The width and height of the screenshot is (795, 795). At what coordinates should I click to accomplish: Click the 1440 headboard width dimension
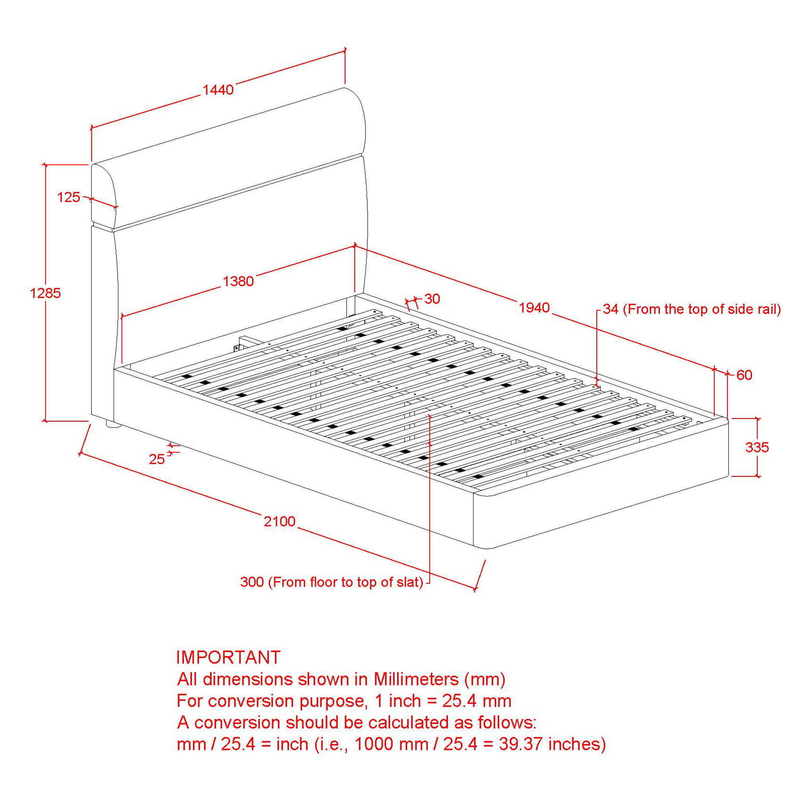[218, 90]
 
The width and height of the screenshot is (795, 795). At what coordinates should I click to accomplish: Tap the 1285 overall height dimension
[45, 293]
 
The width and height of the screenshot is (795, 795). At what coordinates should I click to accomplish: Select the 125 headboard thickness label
[68, 197]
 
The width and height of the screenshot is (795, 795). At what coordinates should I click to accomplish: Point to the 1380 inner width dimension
[238, 281]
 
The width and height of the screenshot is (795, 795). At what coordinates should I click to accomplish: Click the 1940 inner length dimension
[534, 307]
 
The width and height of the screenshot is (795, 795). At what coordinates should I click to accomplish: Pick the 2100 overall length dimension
[280, 522]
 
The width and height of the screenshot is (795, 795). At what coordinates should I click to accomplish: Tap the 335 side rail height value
[757, 447]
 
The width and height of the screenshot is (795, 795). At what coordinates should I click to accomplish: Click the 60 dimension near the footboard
[745, 375]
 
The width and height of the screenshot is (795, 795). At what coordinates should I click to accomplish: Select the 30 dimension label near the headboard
[432, 299]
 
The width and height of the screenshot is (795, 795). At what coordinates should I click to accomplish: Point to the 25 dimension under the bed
[157, 459]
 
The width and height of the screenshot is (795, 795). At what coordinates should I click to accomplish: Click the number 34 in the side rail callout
[611, 309]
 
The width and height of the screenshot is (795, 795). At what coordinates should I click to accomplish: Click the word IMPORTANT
[229, 657]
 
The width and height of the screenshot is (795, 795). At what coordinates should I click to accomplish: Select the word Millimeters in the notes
[416, 679]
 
